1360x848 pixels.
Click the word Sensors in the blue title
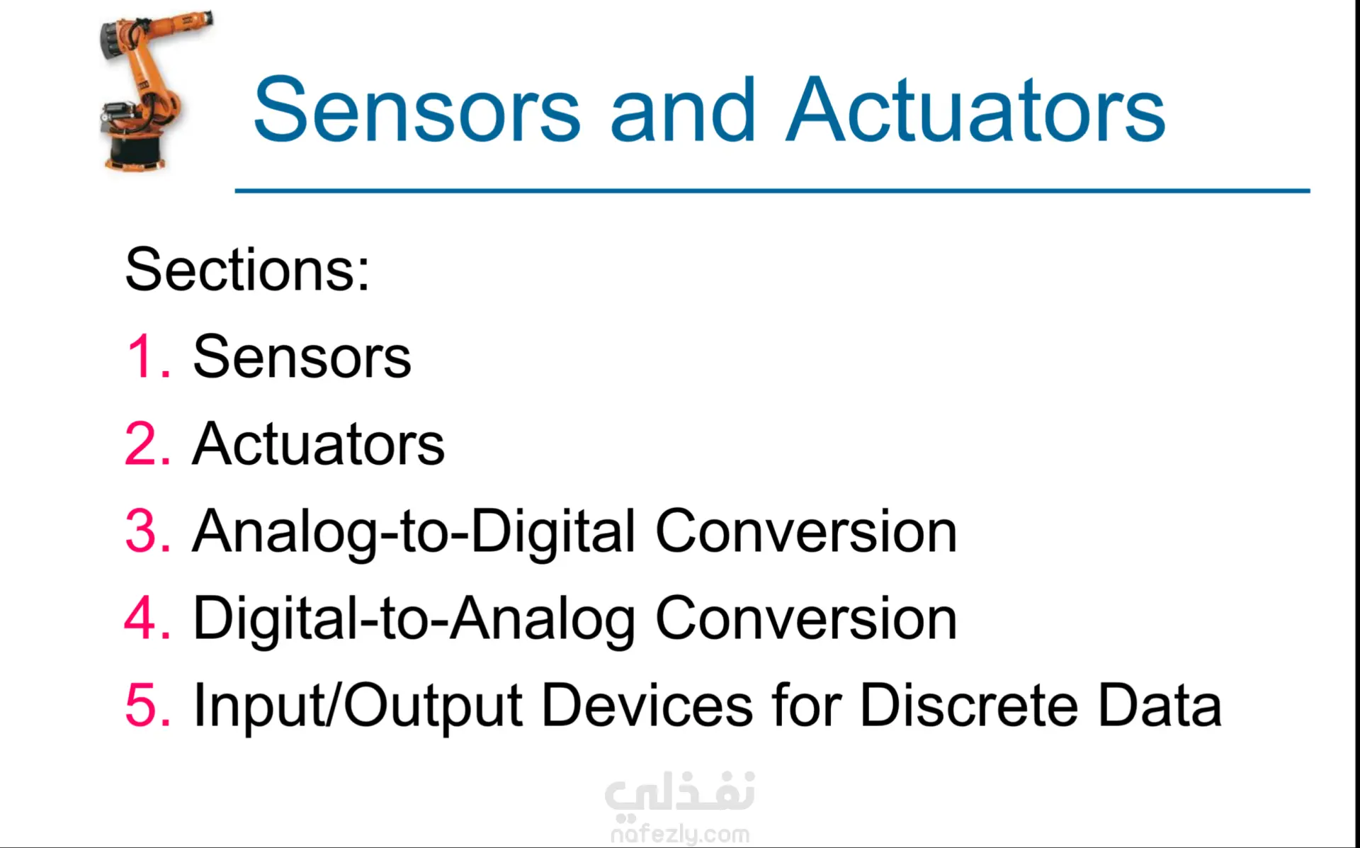(x=417, y=110)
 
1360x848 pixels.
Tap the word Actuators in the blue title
(x=976, y=110)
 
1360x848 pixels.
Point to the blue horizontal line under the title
(x=772, y=191)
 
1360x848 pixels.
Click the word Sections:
(x=247, y=269)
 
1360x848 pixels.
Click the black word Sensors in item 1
(x=302, y=356)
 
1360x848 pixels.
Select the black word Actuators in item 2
(x=318, y=443)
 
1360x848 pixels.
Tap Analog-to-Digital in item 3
(x=414, y=532)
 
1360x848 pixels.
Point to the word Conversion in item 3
(x=806, y=531)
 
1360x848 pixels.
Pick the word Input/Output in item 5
(x=358, y=706)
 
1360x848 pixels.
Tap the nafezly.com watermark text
(x=680, y=834)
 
